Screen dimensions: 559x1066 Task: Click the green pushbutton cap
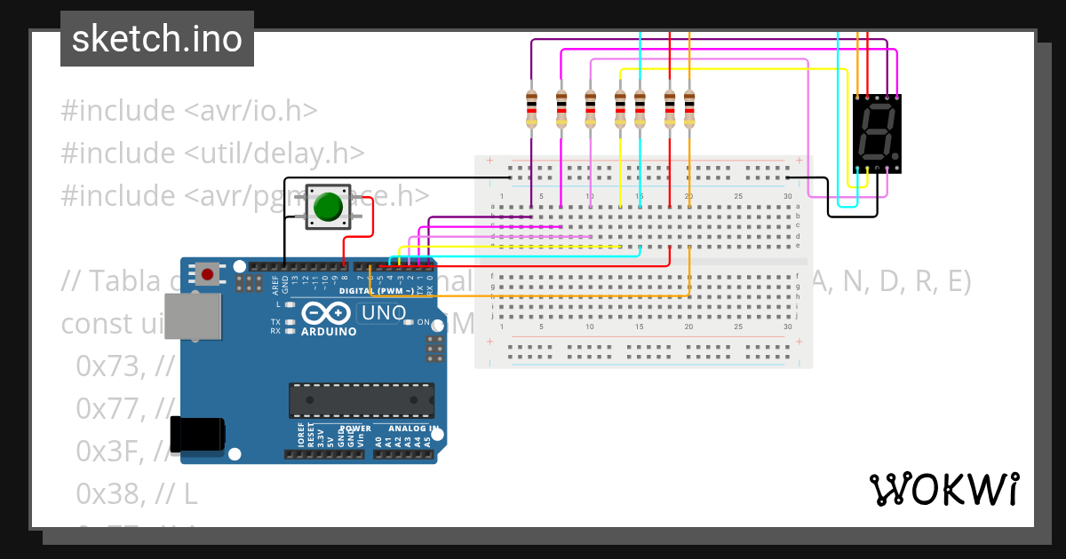pyautogui.click(x=329, y=207)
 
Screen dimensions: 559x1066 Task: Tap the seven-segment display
pyautogui.click(x=878, y=132)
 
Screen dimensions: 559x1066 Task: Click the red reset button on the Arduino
pyautogui.click(x=207, y=274)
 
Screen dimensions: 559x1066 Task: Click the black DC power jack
pyautogui.click(x=197, y=436)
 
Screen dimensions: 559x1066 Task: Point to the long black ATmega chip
pyautogui.click(x=362, y=400)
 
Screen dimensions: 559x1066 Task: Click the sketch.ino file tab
pyautogui.click(x=157, y=39)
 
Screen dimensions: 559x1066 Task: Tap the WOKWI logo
pyautogui.click(x=943, y=490)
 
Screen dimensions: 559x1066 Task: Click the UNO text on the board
pyautogui.click(x=384, y=313)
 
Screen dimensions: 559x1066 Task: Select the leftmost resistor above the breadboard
pyautogui.click(x=531, y=109)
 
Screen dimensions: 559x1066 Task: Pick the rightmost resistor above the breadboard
pyautogui.click(x=689, y=109)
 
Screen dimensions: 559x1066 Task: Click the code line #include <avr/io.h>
pyautogui.click(x=188, y=111)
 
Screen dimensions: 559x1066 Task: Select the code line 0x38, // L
pyautogui.click(x=138, y=492)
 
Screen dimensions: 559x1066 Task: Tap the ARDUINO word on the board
pyautogui.click(x=329, y=332)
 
